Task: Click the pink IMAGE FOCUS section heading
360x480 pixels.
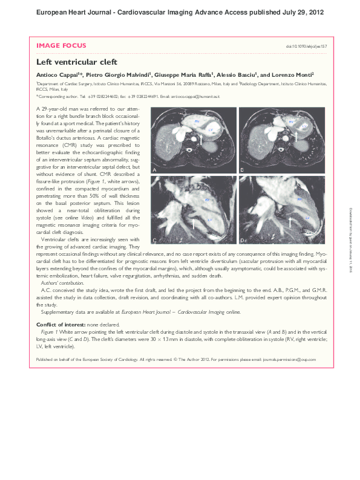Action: [x=61, y=45]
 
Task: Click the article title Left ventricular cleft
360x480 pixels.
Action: [x=77, y=62]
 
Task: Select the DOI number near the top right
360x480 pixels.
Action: [x=306, y=47]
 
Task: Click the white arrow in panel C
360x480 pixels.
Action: [x=193, y=224]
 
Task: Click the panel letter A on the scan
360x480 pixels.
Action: [x=155, y=171]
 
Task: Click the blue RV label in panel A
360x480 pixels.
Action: [x=198, y=122]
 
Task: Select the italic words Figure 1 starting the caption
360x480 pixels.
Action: [x=50, y=332]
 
